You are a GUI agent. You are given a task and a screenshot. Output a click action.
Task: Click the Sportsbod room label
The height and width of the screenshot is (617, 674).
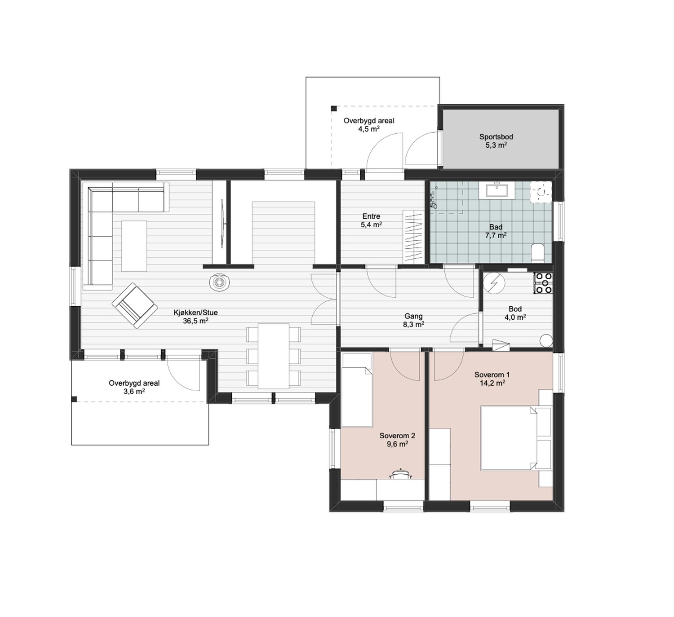coord(496,137)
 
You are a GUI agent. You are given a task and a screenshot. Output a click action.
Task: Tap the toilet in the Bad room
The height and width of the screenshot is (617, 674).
coord(538,253)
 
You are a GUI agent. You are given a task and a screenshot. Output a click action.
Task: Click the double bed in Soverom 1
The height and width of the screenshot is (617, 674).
coord(516,438)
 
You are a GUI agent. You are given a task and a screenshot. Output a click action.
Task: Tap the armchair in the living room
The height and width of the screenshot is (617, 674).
coord(135,305)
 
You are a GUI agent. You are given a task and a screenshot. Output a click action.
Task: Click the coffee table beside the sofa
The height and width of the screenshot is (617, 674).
coord(134,246)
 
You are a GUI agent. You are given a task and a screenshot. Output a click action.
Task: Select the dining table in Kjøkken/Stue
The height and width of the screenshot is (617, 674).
coord(274,356)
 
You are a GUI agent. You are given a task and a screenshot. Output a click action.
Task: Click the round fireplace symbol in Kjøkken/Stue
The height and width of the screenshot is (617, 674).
coord(219,282)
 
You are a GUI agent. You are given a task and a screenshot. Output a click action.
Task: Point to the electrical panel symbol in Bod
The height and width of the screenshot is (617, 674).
coord(494,284)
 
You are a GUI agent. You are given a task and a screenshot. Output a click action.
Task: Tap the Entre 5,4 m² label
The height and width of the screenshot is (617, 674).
coord(371,220)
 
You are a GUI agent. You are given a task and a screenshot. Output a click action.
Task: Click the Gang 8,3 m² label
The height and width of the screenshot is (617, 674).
coord(413,321)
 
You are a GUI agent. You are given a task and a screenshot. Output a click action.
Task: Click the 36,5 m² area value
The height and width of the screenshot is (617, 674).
coord(195,321)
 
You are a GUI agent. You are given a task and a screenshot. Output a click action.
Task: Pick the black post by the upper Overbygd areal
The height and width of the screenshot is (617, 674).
coord(334,109)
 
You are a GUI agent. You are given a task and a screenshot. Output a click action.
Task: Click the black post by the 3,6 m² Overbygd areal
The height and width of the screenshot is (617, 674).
coord(74,399)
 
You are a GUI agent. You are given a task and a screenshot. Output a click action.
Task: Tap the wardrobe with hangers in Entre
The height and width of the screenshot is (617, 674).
coord(413,237)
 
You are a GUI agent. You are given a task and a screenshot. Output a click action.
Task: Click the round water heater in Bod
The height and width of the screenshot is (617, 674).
coord(546,340)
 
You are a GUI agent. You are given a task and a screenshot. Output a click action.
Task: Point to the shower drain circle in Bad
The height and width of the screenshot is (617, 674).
coord(541,192)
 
